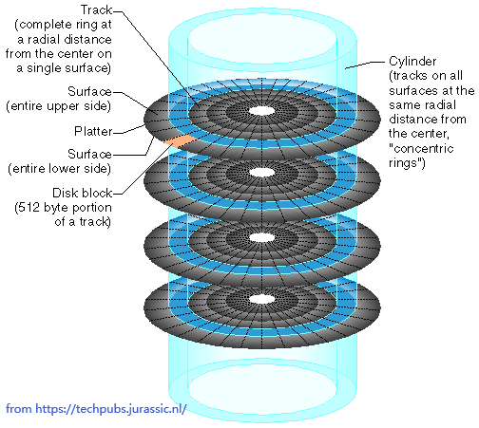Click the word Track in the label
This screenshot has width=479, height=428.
[96, 10]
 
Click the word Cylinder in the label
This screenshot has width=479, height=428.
[412, 62]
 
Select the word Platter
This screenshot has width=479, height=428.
[93, 131]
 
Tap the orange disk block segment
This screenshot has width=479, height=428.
[180, 140]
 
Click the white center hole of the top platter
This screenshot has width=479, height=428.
[261, 111]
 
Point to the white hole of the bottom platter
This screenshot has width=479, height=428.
[261, 299]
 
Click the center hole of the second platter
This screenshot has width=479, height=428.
[261, 173]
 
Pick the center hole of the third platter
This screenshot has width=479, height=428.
[261, 237]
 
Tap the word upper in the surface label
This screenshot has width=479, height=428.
[64, 106]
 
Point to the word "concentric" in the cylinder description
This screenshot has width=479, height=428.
[421, 148]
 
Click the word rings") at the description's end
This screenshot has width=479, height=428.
[407, 163]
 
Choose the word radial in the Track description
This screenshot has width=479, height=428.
[44, 40]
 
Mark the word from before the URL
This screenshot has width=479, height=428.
[19, 409]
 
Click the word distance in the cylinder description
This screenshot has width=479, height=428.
[410, 120]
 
